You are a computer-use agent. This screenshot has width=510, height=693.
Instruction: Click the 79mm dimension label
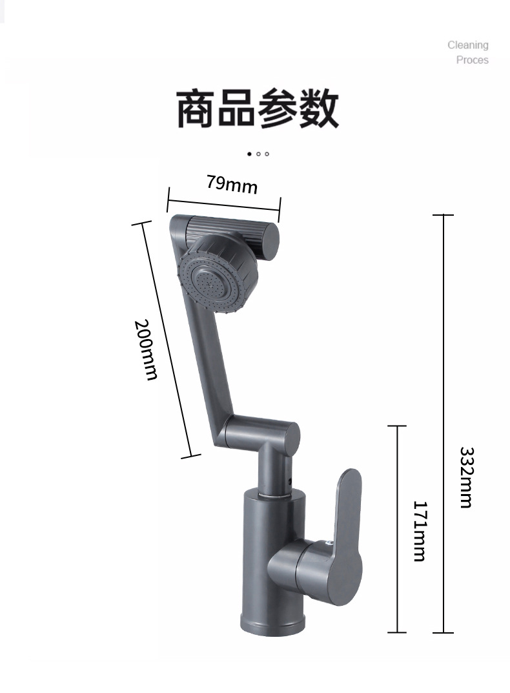pos(232,185)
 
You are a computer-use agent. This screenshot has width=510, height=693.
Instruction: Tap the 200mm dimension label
pos(147,349)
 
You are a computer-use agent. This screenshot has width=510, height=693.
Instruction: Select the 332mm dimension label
pos(467,477)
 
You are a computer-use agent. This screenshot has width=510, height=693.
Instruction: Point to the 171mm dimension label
pos(420,531)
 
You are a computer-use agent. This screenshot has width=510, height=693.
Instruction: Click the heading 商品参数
pos(257,109)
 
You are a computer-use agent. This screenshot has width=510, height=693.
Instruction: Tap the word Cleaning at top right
pos(468,45)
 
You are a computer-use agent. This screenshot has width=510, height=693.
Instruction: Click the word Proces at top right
pos(473,60)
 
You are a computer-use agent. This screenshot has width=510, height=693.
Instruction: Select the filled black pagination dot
pos(249,154)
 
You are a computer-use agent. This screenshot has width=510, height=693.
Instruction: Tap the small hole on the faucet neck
pos(290,482)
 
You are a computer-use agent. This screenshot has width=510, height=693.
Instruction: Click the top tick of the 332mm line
pos(443,215)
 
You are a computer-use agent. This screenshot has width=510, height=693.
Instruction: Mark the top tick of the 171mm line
pos(396,426)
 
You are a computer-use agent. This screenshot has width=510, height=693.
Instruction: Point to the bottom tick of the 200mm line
pos(191,456)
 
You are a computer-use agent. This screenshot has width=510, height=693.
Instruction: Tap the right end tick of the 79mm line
pos(280,209)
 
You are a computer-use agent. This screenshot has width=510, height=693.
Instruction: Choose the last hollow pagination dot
pos(267,154)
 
